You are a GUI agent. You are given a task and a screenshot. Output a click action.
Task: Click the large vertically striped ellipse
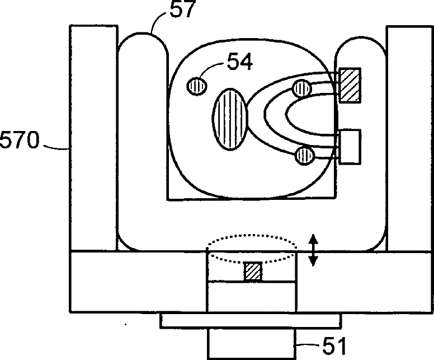pos(229,118)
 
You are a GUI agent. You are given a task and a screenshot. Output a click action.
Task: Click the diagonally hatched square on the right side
pos(350,85)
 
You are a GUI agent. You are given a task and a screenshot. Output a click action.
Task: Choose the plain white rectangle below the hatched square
pos(350,147)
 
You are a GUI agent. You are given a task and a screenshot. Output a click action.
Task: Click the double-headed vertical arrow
pos(314,250)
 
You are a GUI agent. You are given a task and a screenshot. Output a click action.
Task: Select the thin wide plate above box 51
pos(251,320)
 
